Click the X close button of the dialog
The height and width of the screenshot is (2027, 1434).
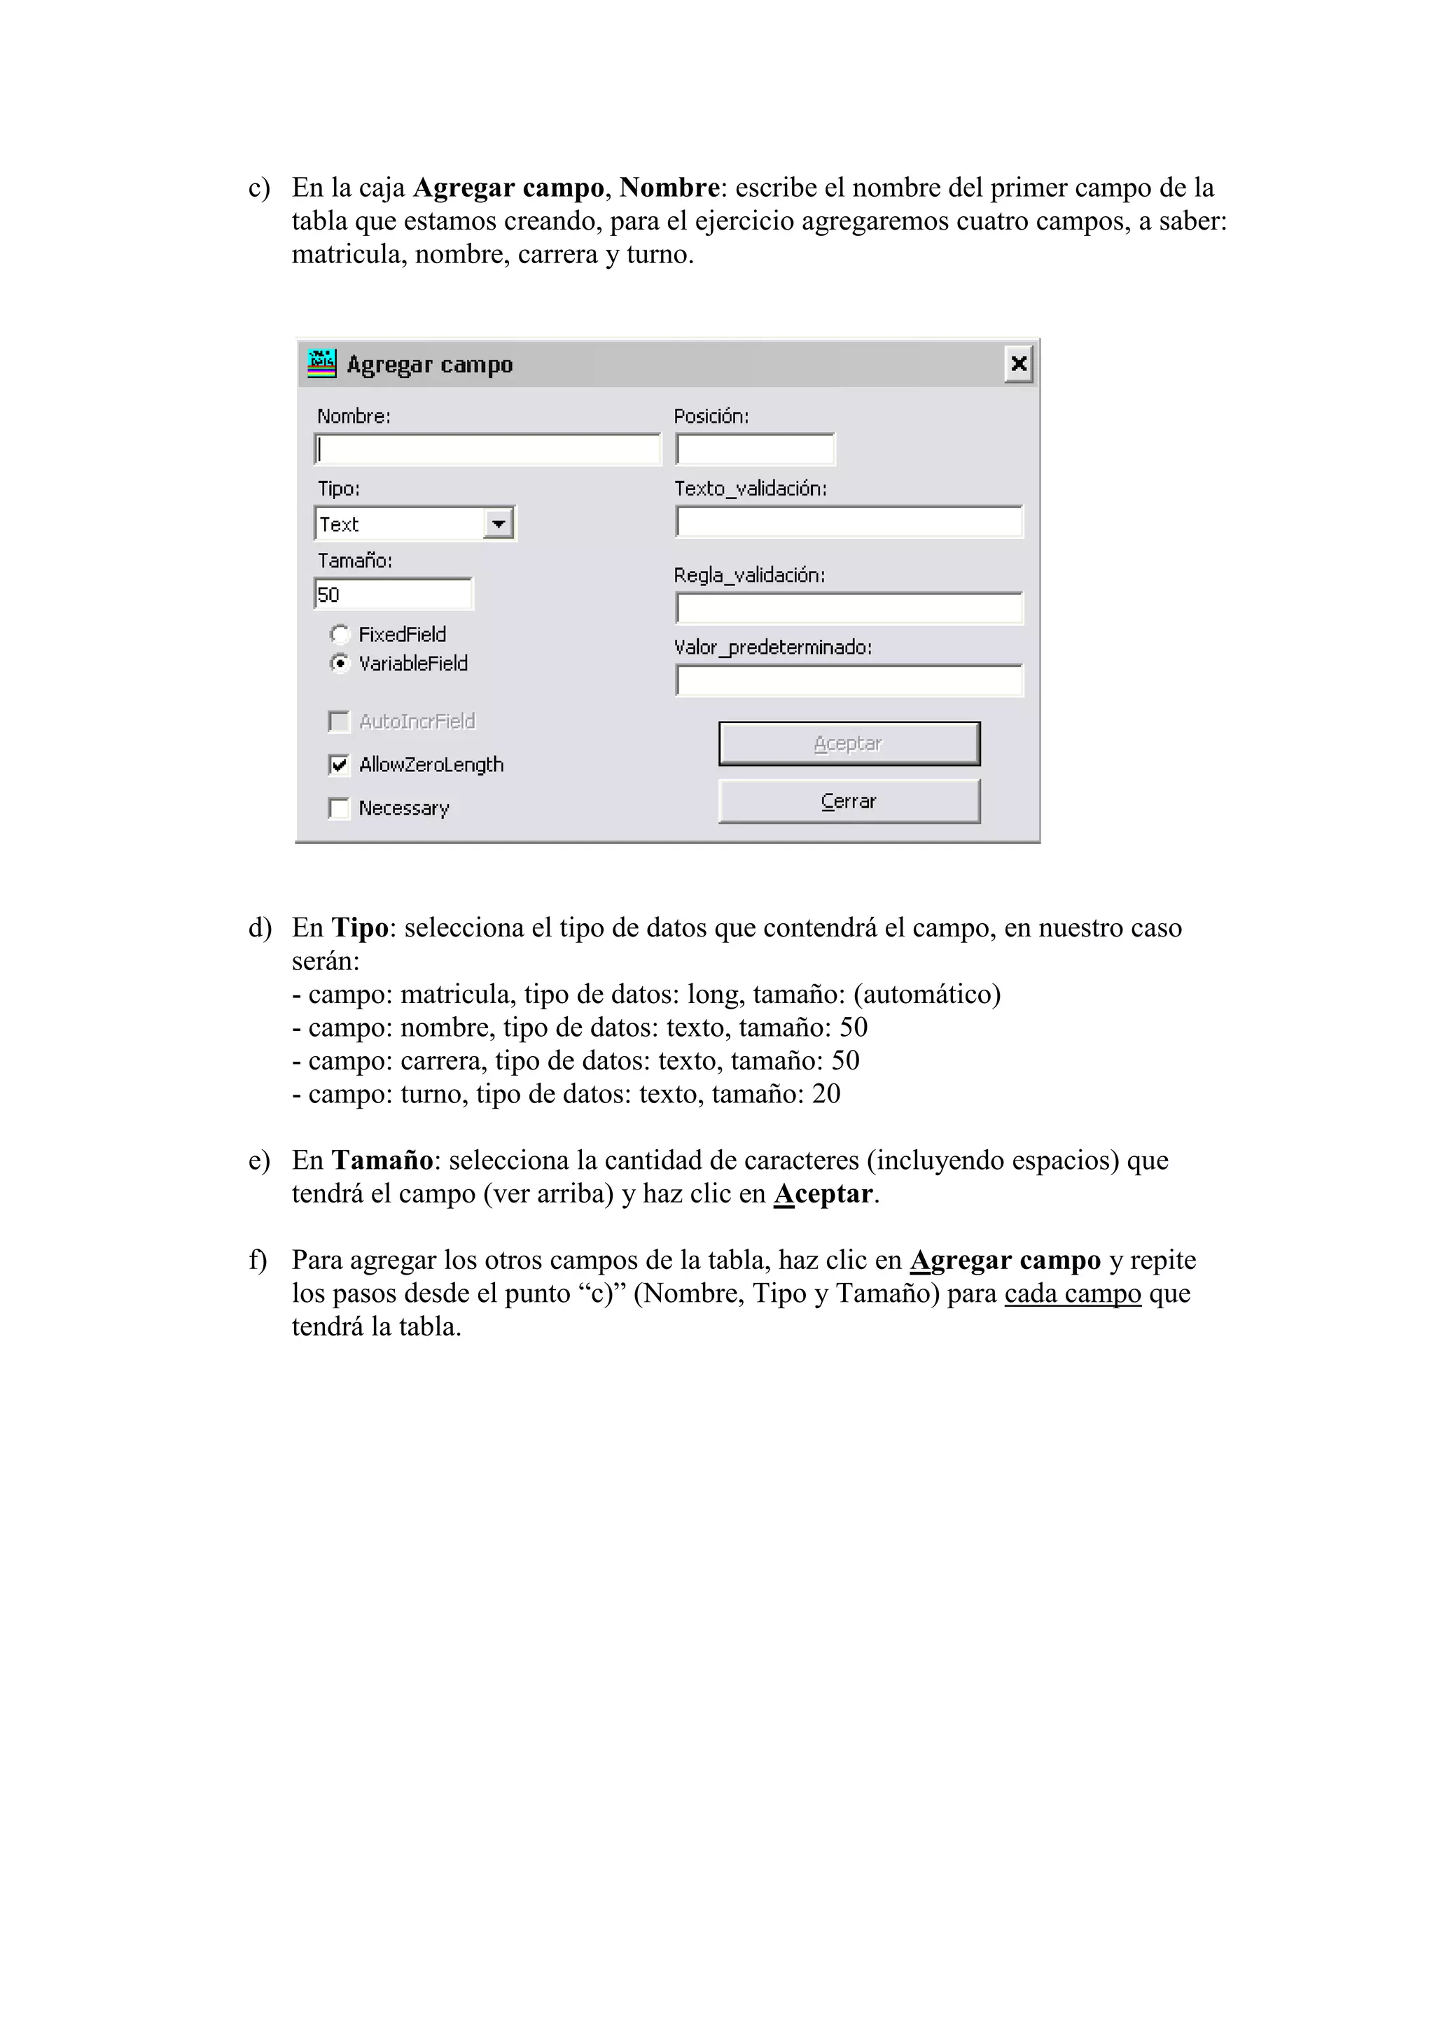(x=1018, y=364)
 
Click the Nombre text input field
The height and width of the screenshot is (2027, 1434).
(x=487, y=449)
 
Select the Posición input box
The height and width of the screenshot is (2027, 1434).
(x=755, y=449)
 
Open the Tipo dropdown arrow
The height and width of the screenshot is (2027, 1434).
(x=499, y=524)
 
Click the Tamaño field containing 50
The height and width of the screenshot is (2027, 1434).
(x=393, y=594)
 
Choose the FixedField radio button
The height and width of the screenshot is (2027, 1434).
(x=339, y=634)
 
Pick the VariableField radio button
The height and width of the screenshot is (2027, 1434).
(x=339, y=663)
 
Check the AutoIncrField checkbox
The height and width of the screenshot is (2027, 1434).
(x=339, y=722)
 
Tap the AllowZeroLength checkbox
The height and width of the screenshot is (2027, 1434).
(x=339, y=764)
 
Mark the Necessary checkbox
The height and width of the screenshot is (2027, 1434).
(x=339, y=808)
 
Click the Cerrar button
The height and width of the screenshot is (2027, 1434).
(x=849, y=801)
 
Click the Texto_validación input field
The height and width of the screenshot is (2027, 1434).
(x=849, y=521)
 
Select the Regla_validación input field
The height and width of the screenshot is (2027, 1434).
(x=849, y=608)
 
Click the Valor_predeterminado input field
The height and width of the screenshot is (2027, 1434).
(x=849, y=680)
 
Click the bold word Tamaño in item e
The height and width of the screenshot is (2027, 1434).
(x=382, y=1160)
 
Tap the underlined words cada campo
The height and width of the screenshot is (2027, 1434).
(x=1073, y=1293)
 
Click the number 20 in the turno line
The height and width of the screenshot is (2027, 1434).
(x=826, y=1094)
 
